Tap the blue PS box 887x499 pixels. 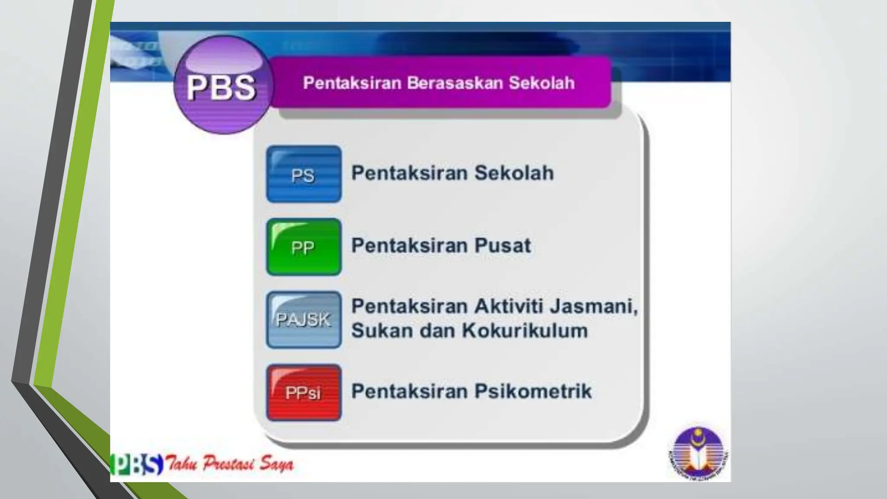pyautogui.click(x=304, y=174)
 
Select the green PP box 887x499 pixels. pyautogui.click(x=304, y=247)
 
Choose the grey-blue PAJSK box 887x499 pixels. pyautogui.click(x=304, y=320)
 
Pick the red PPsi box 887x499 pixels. pyautogui.click(x=304, y=392)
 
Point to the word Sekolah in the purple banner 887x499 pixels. pyautogui.click(x=541, y=83)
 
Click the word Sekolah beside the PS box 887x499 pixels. pyautogui.click(x=514, y=173)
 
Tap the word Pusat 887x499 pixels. pyautogui.click(x=502, y=246)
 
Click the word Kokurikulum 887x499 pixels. pyautogui.click(x=525, y=331)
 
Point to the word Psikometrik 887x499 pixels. pyautogui.click(x=533, y=391)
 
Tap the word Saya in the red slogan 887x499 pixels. pyautogui.click(x=276, y=464)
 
